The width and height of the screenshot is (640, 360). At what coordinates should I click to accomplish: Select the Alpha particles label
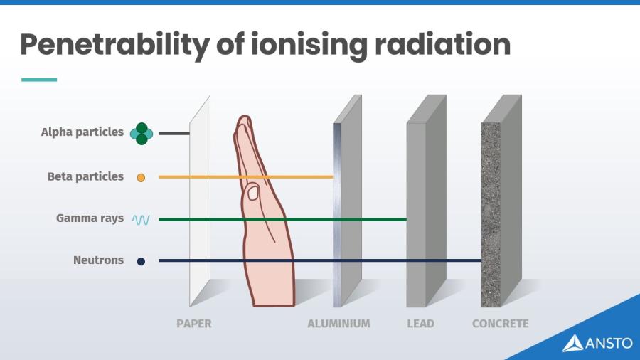82,132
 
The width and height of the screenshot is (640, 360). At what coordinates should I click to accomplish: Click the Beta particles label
85,176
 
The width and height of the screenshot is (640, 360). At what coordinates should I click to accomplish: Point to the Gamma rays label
90,218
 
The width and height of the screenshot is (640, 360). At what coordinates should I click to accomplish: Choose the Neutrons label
98,260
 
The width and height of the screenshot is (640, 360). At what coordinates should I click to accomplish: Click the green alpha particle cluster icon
142,134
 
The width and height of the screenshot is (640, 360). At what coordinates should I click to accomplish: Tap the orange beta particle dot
141,177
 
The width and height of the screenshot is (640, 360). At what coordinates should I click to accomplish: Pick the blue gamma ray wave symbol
141,219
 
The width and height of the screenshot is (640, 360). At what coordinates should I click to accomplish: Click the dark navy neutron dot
141,261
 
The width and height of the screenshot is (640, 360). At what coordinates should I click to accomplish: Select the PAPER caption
193,324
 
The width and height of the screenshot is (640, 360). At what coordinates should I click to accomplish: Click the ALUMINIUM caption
338,324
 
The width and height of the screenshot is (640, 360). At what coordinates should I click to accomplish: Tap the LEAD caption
420,324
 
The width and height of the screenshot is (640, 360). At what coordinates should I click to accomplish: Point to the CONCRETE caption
500,324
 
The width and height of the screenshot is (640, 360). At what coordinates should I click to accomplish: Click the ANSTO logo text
608,343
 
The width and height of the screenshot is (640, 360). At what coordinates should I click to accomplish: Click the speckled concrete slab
491,213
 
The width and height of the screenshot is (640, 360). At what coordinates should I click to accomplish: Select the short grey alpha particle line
174,133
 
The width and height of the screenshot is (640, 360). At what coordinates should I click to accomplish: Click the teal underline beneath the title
38,80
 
